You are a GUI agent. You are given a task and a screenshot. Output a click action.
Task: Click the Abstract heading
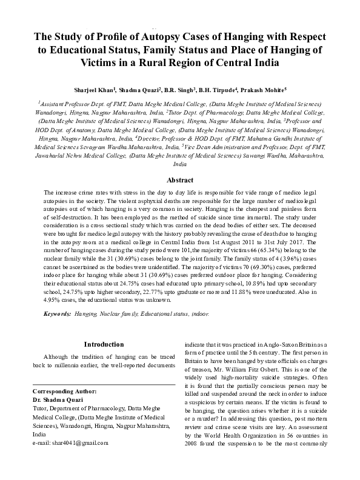coord(179,180)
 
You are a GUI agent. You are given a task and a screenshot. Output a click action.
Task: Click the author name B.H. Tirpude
coord(213,90)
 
